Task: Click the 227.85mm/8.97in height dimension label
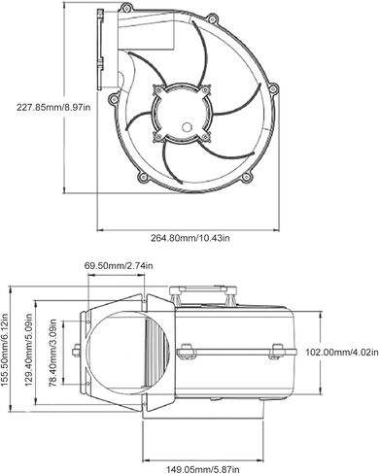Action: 53,107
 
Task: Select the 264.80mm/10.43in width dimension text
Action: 190,238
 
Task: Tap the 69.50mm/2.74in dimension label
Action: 119,266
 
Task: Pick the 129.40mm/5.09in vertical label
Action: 28,349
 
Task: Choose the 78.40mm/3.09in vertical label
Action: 52,353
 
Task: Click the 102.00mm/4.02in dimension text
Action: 342,352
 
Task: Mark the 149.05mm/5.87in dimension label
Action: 203,469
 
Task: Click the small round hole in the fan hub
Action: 187,127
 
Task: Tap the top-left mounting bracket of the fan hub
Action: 158,90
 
